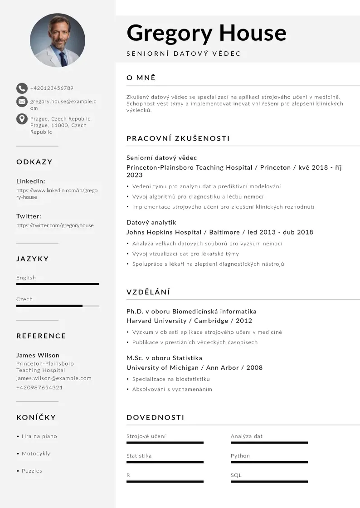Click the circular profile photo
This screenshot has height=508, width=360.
point(58,40)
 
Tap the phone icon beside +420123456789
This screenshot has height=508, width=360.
point(22,88)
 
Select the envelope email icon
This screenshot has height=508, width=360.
point(22,102)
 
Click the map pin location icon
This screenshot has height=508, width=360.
point(22,119)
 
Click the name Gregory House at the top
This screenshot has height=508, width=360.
point(206,33)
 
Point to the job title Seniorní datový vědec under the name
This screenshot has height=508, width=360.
point(184,54)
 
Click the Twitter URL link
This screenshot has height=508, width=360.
point(55,225)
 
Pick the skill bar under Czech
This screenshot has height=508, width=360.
point(58,306)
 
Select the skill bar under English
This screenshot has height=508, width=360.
point(58,284)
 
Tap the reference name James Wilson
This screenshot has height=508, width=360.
point(38,355)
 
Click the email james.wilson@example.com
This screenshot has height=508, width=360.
point(54,378)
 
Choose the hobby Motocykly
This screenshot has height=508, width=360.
point(36,454)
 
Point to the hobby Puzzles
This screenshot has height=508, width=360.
point(32,471)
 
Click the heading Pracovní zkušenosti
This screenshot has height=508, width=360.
point(178,138)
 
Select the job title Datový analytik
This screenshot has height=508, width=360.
point(151,222)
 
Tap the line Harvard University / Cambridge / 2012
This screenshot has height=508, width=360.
point(189,321)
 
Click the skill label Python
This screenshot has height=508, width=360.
point(240,456)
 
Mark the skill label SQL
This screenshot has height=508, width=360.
point(236,475)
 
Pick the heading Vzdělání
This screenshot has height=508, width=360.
point(148,292)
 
